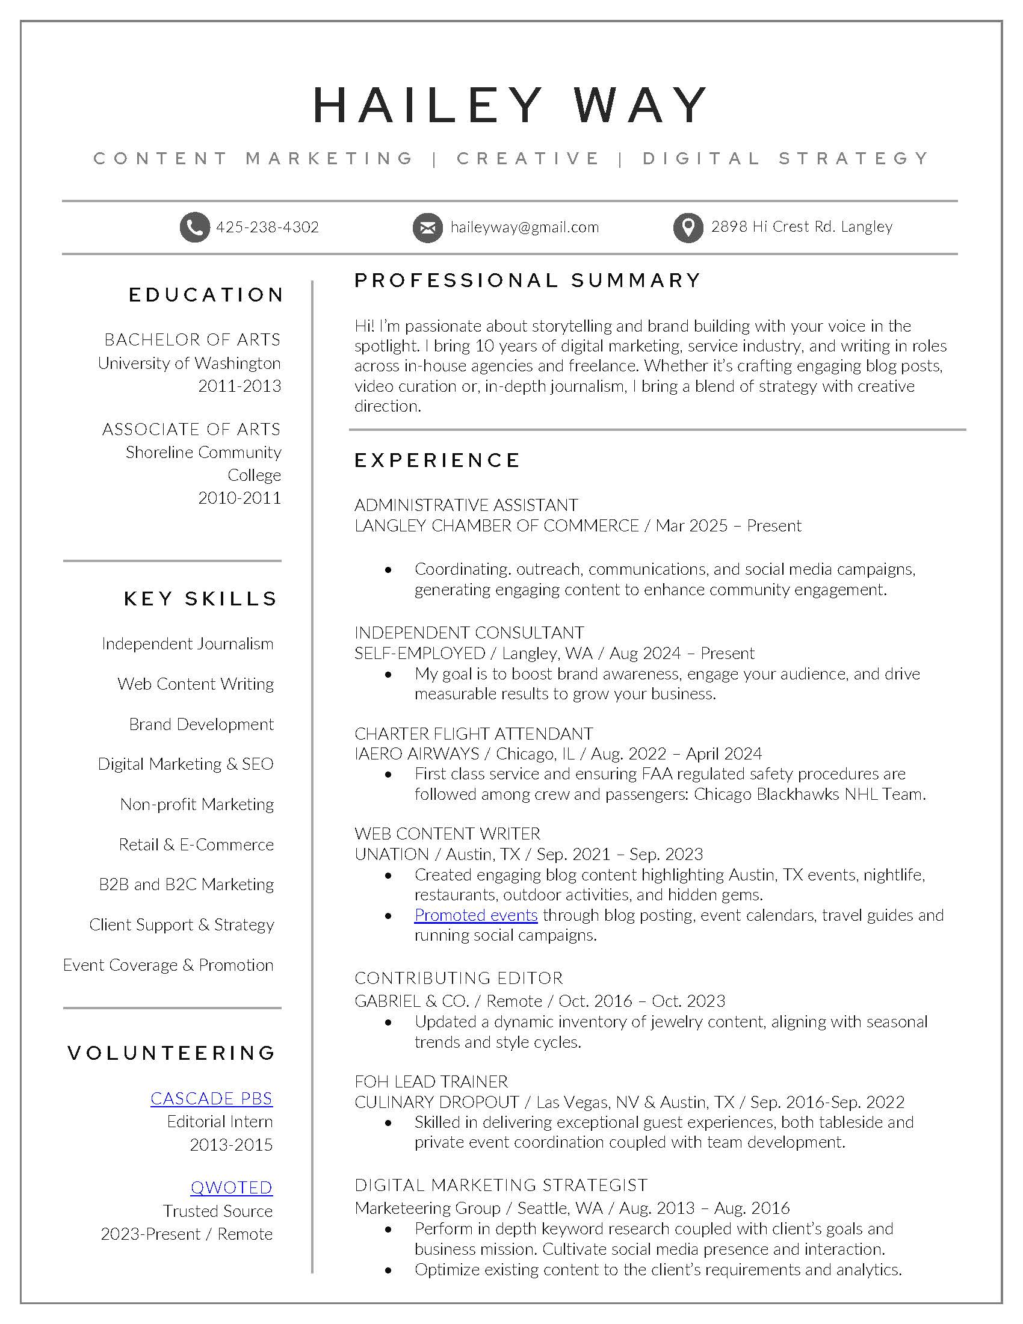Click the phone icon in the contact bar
pos(194,227)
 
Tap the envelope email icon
pos(427,227)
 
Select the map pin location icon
pos(688,227)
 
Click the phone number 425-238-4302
pos(267,227)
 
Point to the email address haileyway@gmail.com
pos(524,227)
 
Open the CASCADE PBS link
pos(211,1098)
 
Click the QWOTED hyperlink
pos(232,1187)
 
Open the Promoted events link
pos(476,915)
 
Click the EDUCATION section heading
pos(206,295)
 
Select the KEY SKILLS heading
pos(200,599)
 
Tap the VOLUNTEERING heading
pos(172,1053)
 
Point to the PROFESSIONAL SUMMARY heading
pos(527,280)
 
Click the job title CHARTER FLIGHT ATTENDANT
pos(474,734)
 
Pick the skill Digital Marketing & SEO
pos(185,764)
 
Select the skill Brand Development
pos(201,724)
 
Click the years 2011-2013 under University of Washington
pos(240,386)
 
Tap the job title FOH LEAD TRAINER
pos(431,1081)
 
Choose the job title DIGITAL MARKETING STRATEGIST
pos(501,1185)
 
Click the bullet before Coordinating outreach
pos(388,570)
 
